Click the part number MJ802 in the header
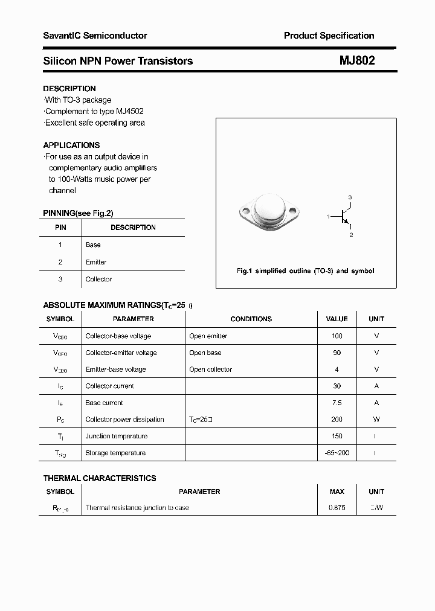(x=356, y=61)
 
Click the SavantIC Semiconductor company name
(x=95, y=36)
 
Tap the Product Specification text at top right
(x=329, y=36)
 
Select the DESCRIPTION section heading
(x=69, y=89)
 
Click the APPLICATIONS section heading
(x=71, y=145)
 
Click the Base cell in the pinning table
(x=93, y=245)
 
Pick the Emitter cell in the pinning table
(x=96, y=262)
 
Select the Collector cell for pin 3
(x=98, y=279)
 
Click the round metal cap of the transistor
(x=269, y=208)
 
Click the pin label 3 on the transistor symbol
(x=350, y=198)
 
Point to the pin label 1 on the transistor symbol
(x=328, y=216)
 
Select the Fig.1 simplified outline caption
(x=305, y=271)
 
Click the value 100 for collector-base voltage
(x=337, y=336)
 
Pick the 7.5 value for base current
(x=337, y=403)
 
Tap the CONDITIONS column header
(x=251, y=319)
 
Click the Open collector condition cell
(x=210, y=369)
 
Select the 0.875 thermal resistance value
(x=337, y=508)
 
